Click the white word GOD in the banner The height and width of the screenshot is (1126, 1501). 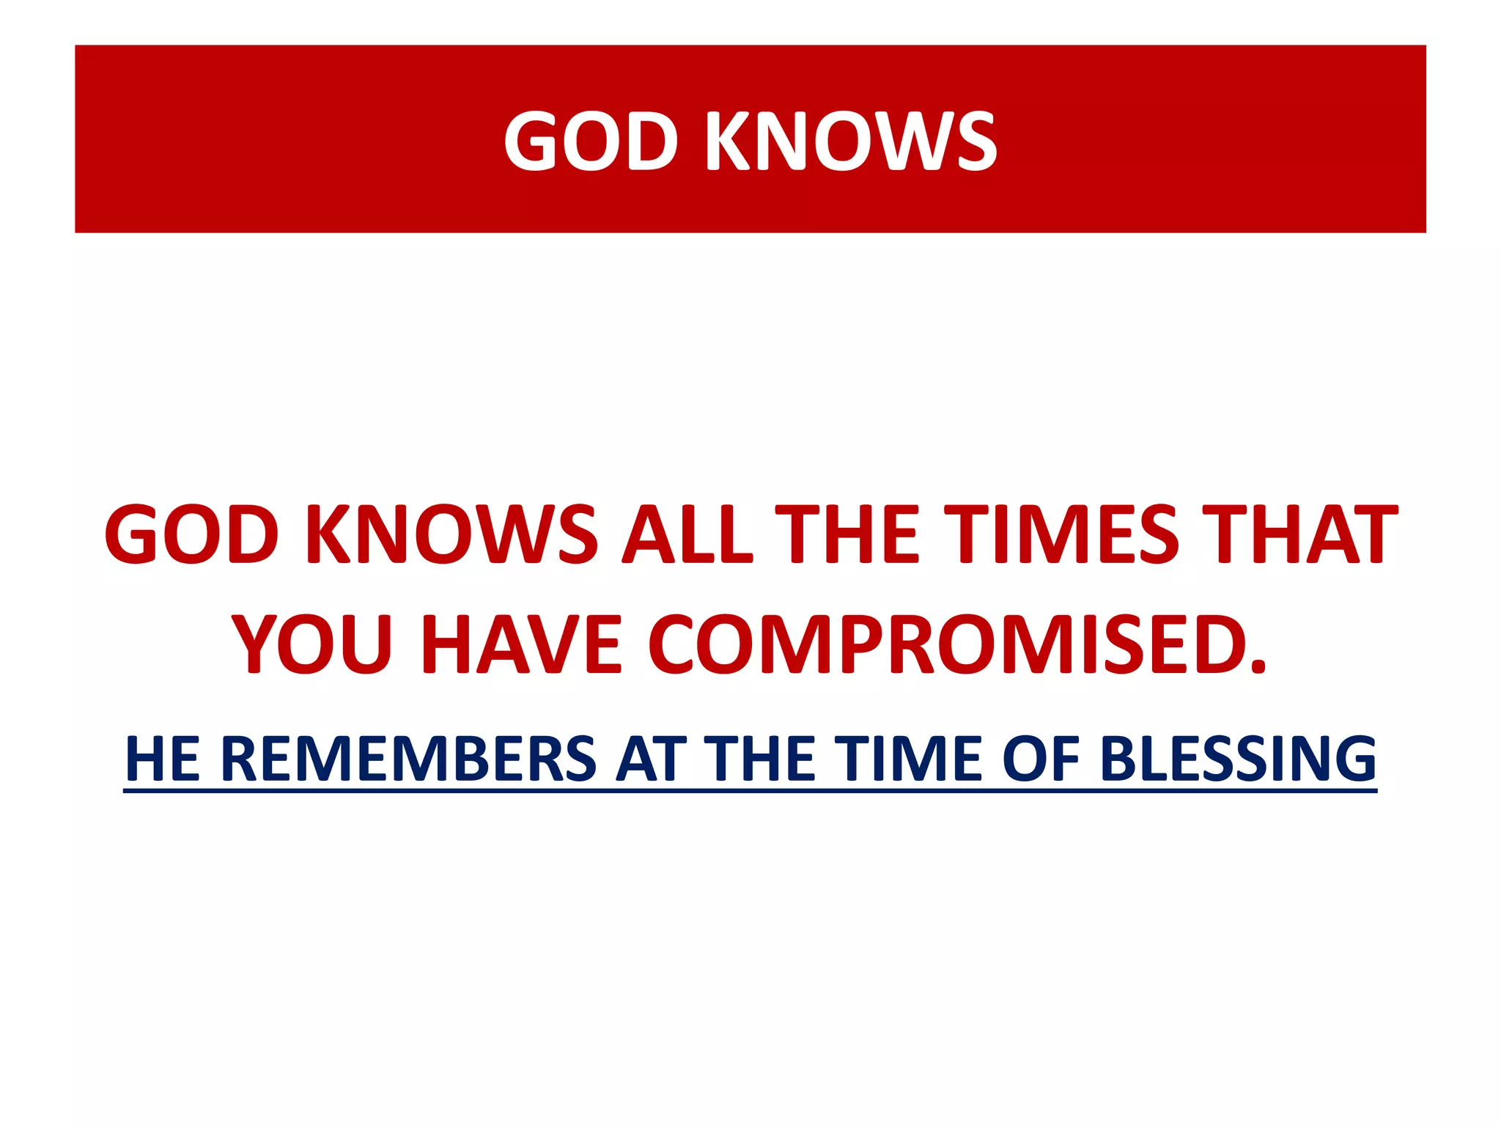591,141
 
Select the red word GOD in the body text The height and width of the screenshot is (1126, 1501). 192,534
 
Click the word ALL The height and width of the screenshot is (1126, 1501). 687,534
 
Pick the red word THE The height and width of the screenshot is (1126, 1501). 847,534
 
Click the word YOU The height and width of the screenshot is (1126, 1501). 313,645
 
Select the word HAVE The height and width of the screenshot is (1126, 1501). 522,645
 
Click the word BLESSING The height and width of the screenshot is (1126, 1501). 1238,759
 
